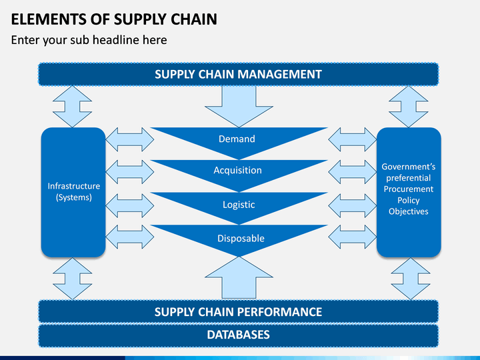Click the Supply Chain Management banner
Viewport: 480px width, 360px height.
[x=238, y=74]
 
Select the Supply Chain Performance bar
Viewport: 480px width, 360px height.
[x=238, y=311]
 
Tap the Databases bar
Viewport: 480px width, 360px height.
[x=238, y=335]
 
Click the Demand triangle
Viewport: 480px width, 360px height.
[x=239, y=140]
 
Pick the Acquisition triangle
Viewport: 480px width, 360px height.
[x=239, y=173]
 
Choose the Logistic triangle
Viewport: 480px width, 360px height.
[x=239, y=205]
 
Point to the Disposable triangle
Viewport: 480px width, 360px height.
[x=239, y=237]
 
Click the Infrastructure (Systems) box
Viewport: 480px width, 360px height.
[x=73, y=192]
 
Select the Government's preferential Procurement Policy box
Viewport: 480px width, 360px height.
[x=409, y=192]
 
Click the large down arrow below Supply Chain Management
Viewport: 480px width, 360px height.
[x=239, y=105]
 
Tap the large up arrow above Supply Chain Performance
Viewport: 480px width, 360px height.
[x=239, y=278]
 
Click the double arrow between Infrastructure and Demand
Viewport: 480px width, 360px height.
[x=129, y=139]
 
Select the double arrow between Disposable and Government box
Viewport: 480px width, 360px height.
[x=353, y=237]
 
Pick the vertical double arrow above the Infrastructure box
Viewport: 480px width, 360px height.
[x=72, y=107]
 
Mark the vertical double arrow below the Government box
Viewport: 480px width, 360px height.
[x=411, y=279]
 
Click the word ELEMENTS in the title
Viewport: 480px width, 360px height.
[x=49, y=19]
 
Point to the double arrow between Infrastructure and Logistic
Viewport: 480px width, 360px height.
[x=129, y=205]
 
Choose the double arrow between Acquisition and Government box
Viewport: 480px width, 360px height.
[x=353, y=172]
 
